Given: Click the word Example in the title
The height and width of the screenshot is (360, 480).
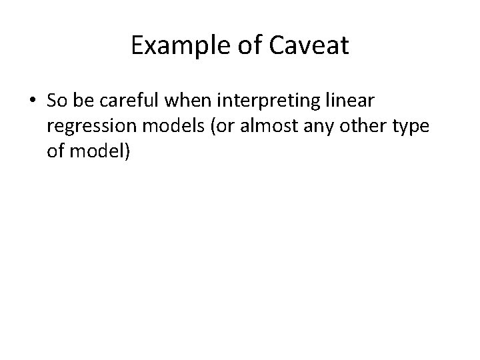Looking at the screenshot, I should (171, 45).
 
